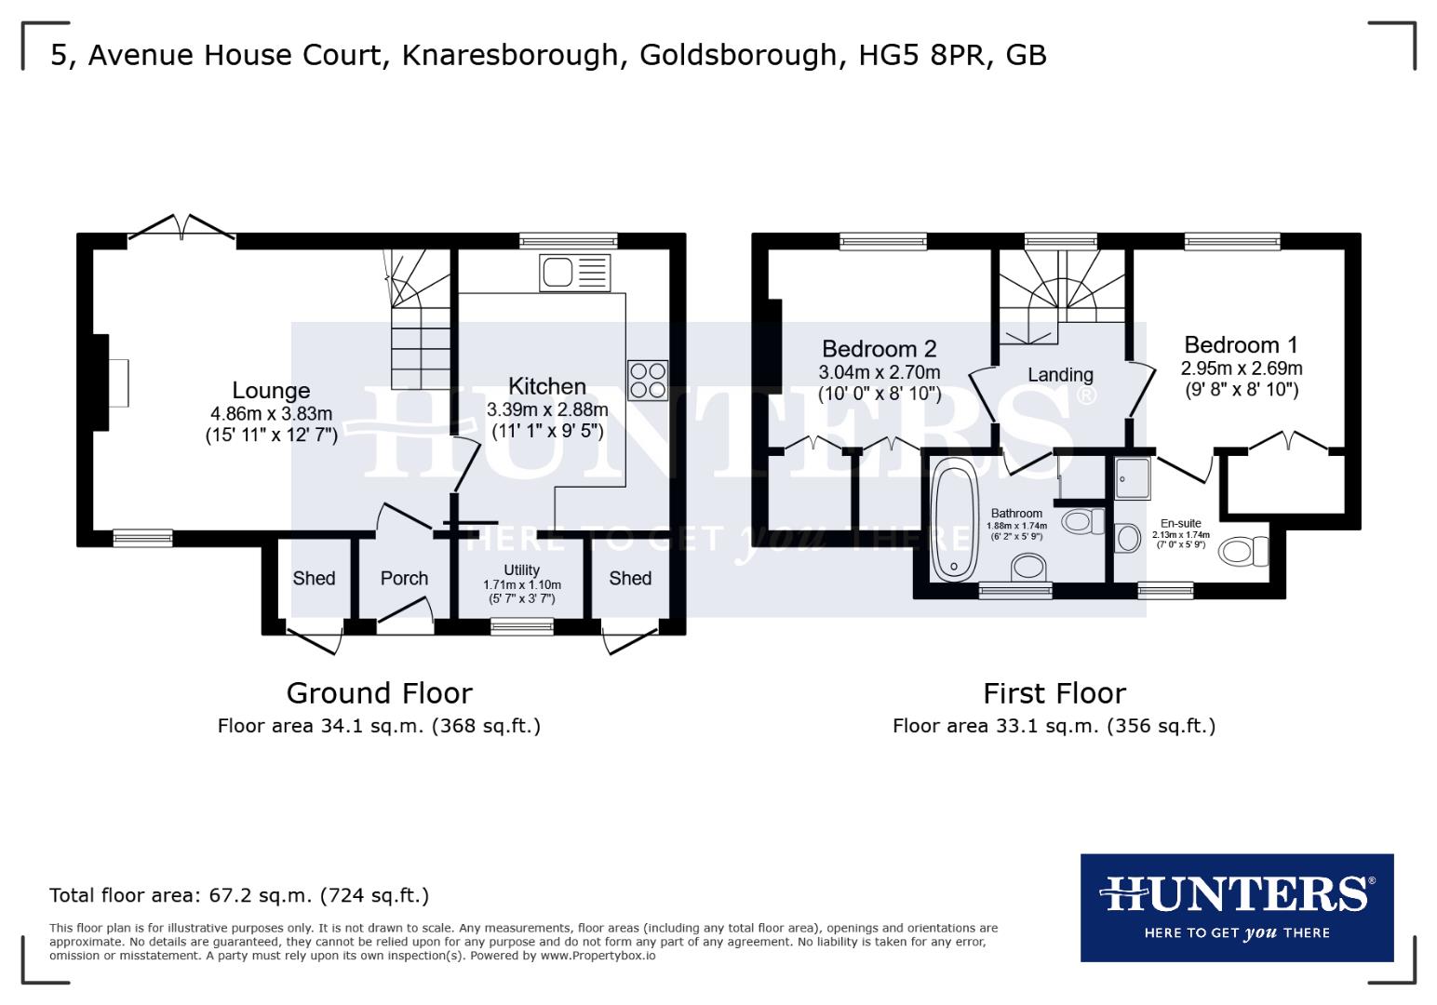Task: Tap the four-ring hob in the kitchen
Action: click(x=647, y=380)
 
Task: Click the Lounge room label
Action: click(x=271, y=390)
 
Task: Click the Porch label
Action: click(x=404, y=578)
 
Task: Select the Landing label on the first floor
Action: click(x=1060, y=374)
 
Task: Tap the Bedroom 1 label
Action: click(x=1241, y=344)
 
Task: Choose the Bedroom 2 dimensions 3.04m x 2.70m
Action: click(x=879, y=372)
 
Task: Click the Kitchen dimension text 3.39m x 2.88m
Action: click(x=547, y=409)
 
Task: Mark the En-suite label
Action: click(x=1180, y=523)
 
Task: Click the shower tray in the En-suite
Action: click(x=1133, y=476)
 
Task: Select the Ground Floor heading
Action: click(x=379, y=692)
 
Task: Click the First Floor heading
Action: click(x=1054, y=692)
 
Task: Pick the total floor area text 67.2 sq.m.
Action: click(x=238, y=895)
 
